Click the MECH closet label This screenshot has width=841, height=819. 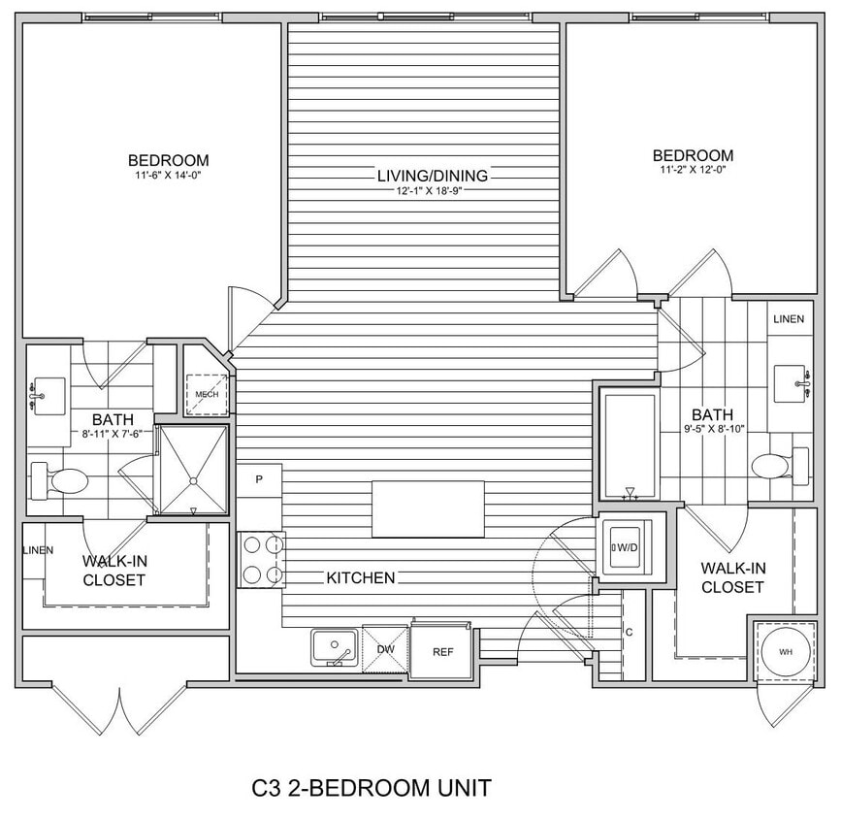tap(207, 394)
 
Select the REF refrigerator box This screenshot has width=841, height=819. tap(442, 652)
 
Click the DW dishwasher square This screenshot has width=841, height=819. tap(385, 647)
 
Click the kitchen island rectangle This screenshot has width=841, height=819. tap(429, 508)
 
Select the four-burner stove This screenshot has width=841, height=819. tap(262, 561)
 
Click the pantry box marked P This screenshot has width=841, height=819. tap(260, 479)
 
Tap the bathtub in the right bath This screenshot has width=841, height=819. tap(629, 443)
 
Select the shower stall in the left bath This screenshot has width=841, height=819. tap(192, 470)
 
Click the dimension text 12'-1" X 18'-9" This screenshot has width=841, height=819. tap(433, 190)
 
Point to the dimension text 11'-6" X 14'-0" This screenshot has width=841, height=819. tap(169, 176)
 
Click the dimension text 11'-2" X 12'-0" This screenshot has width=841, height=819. tap(693, 170)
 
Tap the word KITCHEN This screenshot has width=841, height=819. tap(360, 578)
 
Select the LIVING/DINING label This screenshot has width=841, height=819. tap(433, 176)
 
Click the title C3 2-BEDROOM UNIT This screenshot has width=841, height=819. tap(371, 787)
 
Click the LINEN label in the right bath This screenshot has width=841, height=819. tap(788, 319)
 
